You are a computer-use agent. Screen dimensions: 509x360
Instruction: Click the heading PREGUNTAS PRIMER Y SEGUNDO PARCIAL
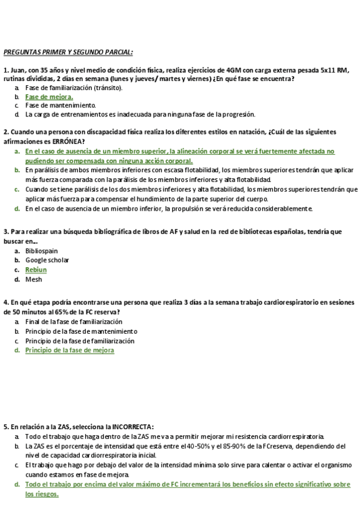tap(68, 52)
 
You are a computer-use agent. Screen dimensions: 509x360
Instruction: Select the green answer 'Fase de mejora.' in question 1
tap(49, 96)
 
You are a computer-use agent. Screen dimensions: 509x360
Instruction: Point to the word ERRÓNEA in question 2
tap(58, 140)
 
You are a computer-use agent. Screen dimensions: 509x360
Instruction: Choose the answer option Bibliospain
tap(41, 251)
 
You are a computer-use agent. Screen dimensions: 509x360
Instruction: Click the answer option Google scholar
tap(47, 260)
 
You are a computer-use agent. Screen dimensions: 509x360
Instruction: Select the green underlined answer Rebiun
tap(36, 270)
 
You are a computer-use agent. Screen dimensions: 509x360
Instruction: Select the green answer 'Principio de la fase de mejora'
tap(70, 350)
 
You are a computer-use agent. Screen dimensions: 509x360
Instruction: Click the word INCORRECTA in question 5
tap(129, 426)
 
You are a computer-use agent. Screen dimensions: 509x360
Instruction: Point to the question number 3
tap(5, 231)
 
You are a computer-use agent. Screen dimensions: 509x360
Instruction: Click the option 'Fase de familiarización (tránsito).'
tap(74, 88)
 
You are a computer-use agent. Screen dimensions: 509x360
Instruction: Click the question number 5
tap(5, 426)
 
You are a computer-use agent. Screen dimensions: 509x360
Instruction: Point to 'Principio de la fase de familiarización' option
tap(80, 340)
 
